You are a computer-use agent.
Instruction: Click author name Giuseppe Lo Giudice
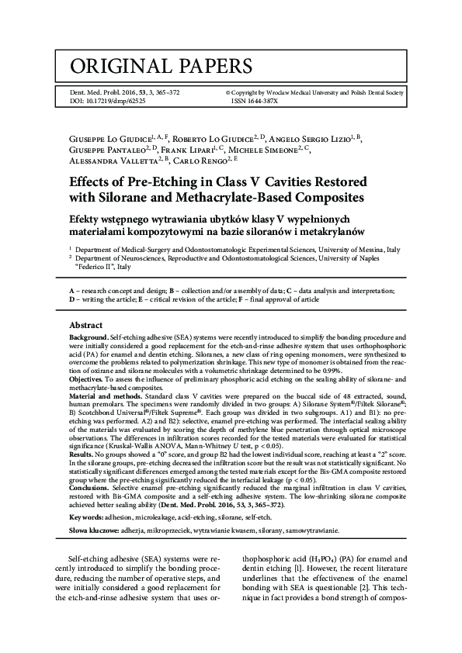109,136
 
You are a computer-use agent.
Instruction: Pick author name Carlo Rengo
196,161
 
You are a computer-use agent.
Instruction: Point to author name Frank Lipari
189,149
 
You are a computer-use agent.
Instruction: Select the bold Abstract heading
86,325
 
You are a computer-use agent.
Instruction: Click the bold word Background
89,338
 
